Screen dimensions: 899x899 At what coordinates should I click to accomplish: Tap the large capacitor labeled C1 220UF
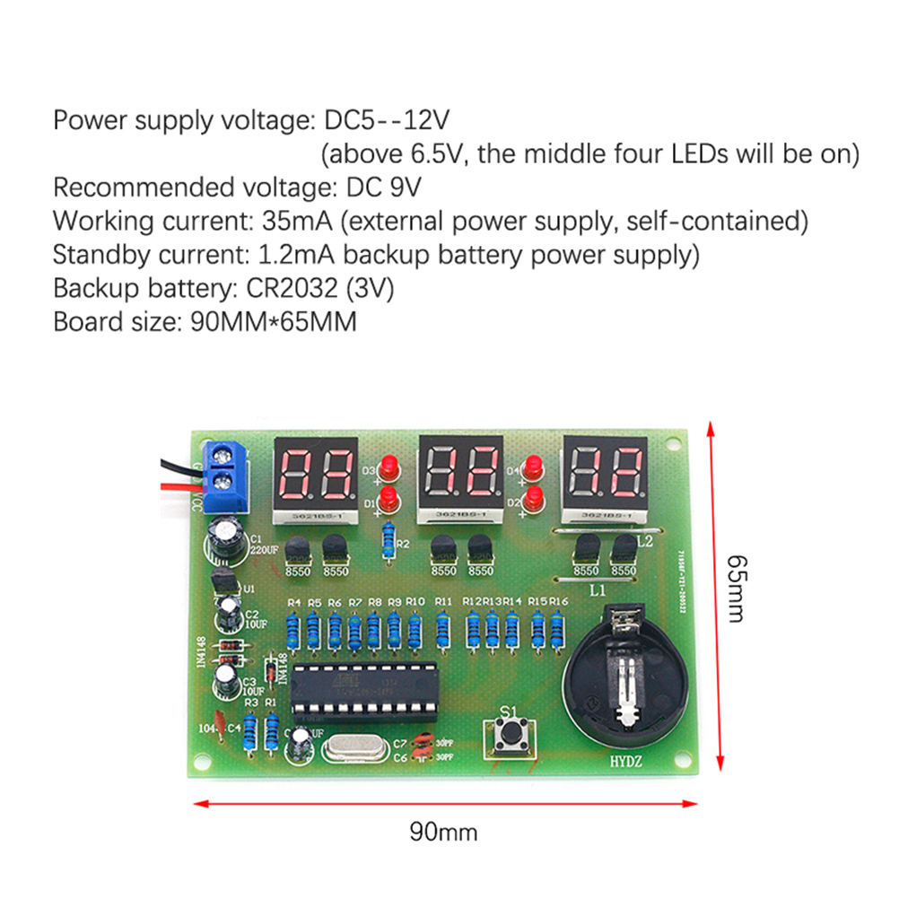pyautogui.click(x=225, y=539)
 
